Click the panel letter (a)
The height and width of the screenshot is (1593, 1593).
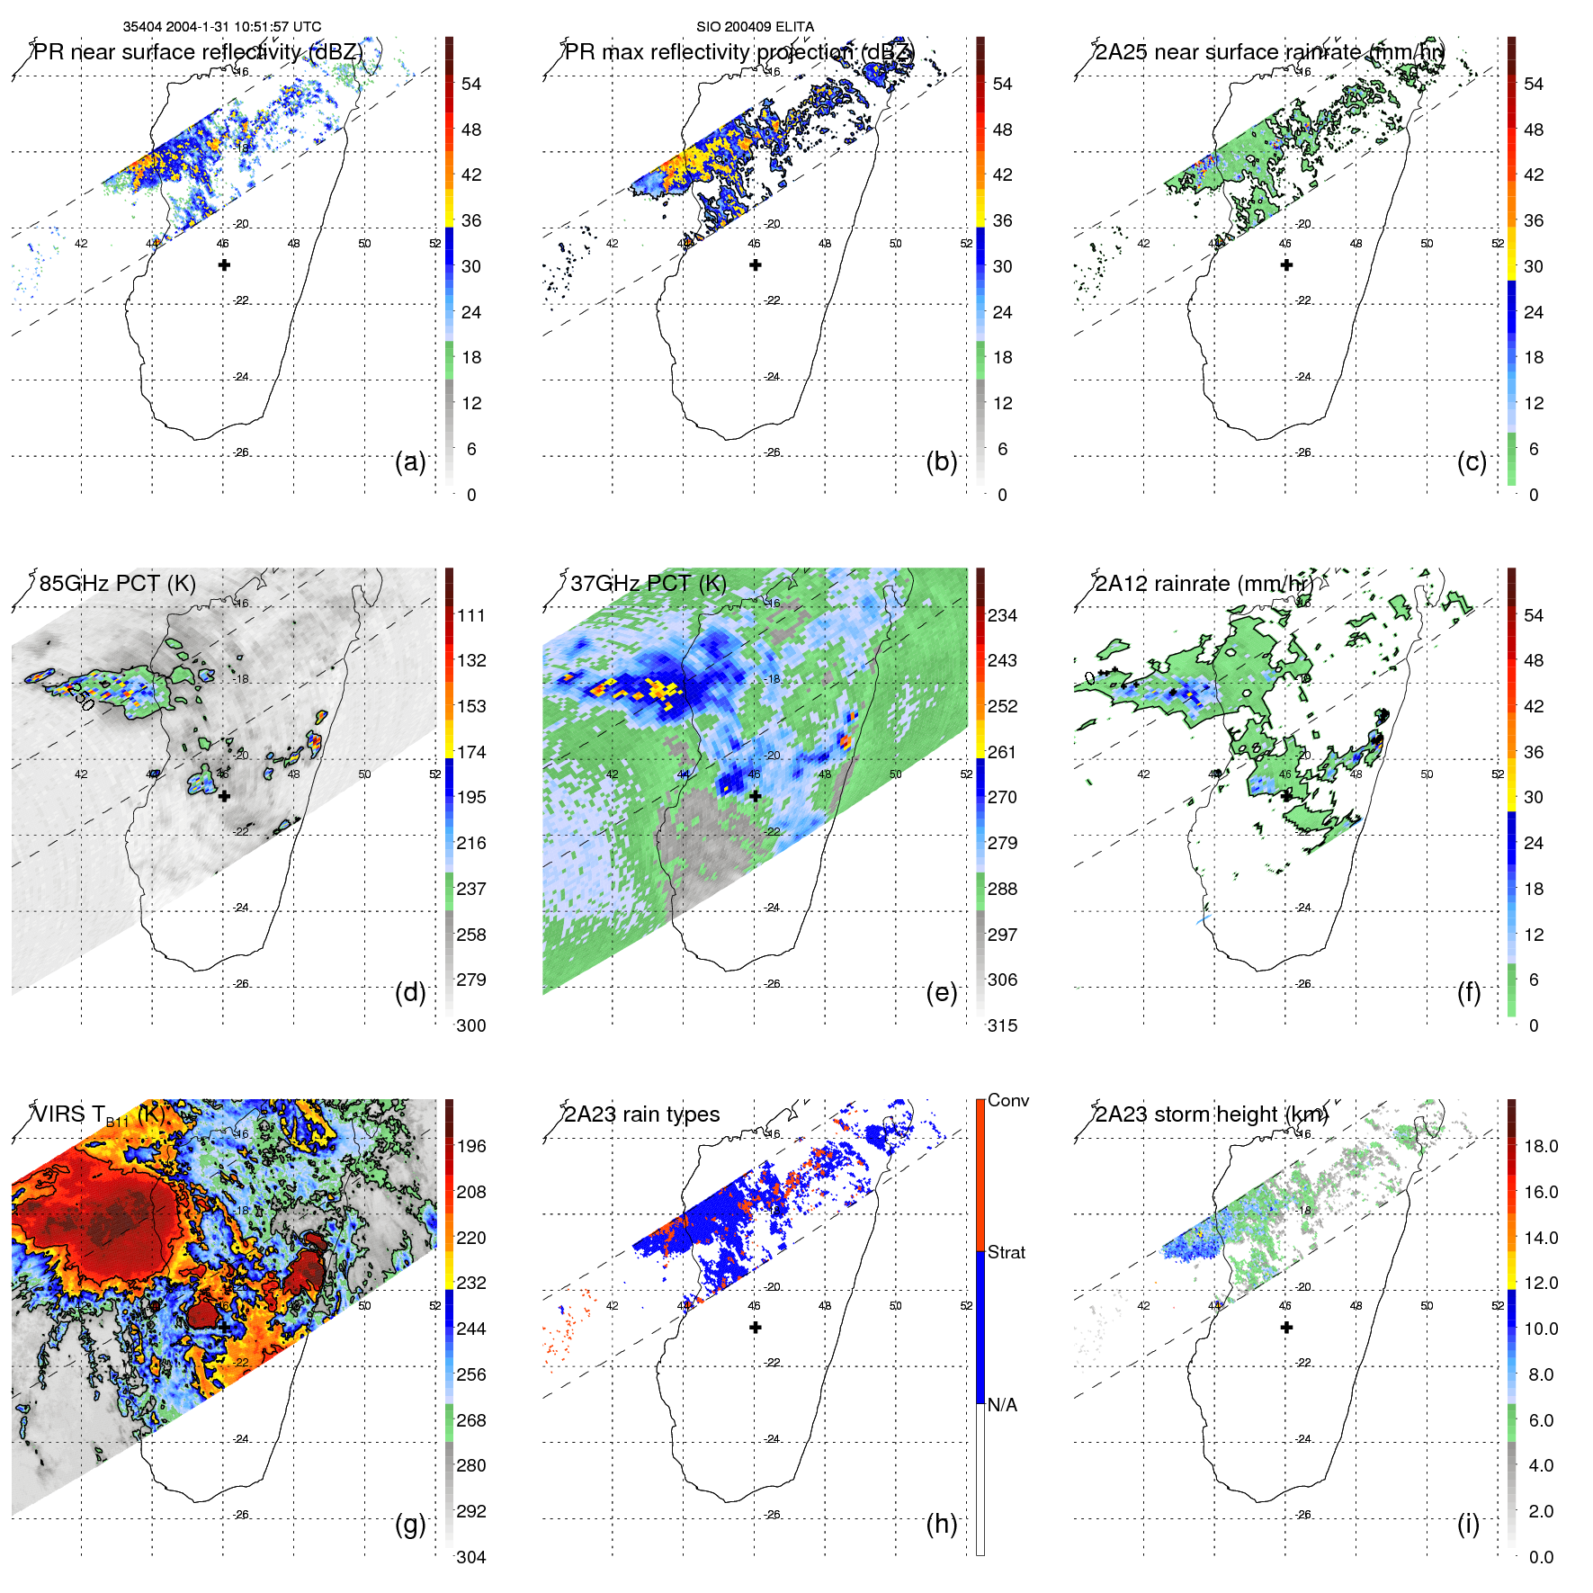pyautogui.click(x=410, y=462)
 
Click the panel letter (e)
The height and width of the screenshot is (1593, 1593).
pyautogui.click(x=941, y=993)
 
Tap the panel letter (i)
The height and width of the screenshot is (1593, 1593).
pyautogui.click(x=1468, y=1524)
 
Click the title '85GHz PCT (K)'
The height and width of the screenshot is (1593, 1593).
pyautogui.click(x=117, y=583)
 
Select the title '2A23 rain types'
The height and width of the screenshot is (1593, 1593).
pyautogui.click(x=642, y=1114)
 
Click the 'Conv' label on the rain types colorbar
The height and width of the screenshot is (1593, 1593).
pyautogui.click(x=1008, y=1100)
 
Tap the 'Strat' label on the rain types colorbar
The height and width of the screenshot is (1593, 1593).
pyautogui.click(x=1007, y=1252)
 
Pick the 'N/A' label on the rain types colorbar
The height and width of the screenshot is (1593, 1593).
pyautogui.click(x=1002, y=1405)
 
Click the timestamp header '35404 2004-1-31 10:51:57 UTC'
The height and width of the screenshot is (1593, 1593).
pyautogui.click(x=222, y=27)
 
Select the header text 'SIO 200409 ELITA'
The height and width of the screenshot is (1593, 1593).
pyautogui.click(x=755, y=27)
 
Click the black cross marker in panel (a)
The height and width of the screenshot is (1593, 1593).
pyautogui.click(x=224, y=264)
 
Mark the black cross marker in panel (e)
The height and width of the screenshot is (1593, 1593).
pyautogui.click(x=756, y=796)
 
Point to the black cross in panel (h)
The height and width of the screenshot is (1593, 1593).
pyautogui.click(x=756, y=1327)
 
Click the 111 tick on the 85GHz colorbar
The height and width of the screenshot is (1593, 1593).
pyautogui.click(x=471, y=615)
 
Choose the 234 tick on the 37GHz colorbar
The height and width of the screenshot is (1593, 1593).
pyautogui.click(x=1002, y=615)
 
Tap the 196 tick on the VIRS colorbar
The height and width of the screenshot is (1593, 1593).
pyautogui.click(x=471, y=1146)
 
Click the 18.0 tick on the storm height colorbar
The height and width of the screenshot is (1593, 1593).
pyautogui.click(x=1541, y=1146)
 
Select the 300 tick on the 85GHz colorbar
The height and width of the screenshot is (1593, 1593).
pyautogui.click(x=471, y=1025)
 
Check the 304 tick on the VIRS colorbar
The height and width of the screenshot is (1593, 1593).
pyautogui.click(x=471, y=1557)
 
